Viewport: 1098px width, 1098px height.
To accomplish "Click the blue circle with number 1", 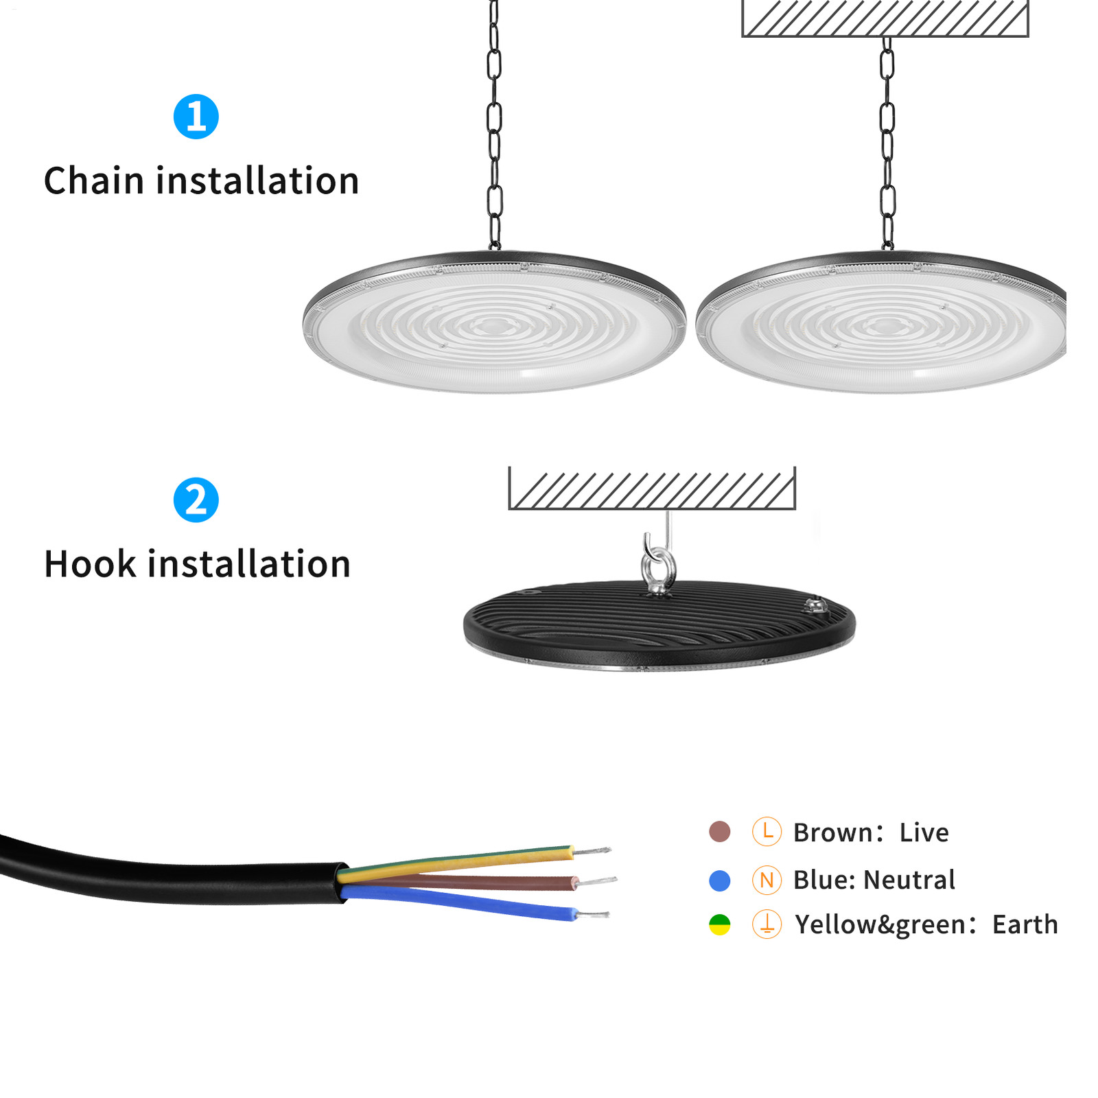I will pyautogui.click(x=196, y=117).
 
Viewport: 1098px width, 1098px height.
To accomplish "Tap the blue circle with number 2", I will pyautogui.click(x=196, y=500).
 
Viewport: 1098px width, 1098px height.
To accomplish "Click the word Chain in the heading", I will pyautogui.click(x=93, y=181).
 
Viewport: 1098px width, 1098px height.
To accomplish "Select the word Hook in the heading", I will pyautogui.click(x=90, y=564).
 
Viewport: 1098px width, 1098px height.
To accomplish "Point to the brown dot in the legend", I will pyautogui.click(x=719, y=831).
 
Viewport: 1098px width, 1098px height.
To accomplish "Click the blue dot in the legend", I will pyautogui.click(x=719, y=880).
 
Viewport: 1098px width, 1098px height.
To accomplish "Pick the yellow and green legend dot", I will pyautogui.click(x=719, y=924).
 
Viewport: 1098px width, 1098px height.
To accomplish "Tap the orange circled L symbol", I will pyautogui.click(x=767, y=831).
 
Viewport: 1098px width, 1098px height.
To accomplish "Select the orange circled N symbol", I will pyautogui.click(x=767, y=880).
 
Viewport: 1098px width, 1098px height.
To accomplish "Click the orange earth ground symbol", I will pyautogui.click(x=767, y=924).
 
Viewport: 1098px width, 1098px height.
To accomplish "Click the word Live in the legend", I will pyautogui.click(x=924, y=832).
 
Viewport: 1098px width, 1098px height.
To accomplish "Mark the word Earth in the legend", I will pyautogui.click(x=1025, y=924).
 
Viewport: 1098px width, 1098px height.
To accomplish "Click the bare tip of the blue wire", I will pyautogui.click(x=593, y=914).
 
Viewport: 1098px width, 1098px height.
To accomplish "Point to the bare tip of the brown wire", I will pyautogui.click(x=597, y=880).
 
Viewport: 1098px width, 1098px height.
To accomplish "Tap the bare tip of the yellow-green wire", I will pyautogui.click(x=592, y=851).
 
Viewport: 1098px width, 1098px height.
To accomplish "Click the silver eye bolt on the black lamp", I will pyautogui.click(x=658, y=567).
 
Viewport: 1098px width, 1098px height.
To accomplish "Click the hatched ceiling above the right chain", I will pyautogui.click(x=885, y=18).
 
